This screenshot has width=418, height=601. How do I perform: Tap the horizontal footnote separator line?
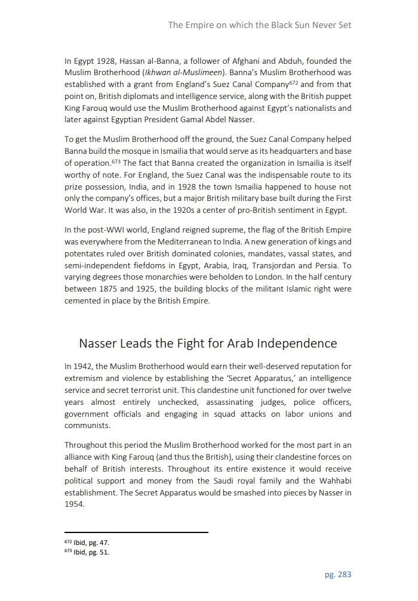(x=136, y=532)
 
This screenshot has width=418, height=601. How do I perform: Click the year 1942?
(x=84, y=366)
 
